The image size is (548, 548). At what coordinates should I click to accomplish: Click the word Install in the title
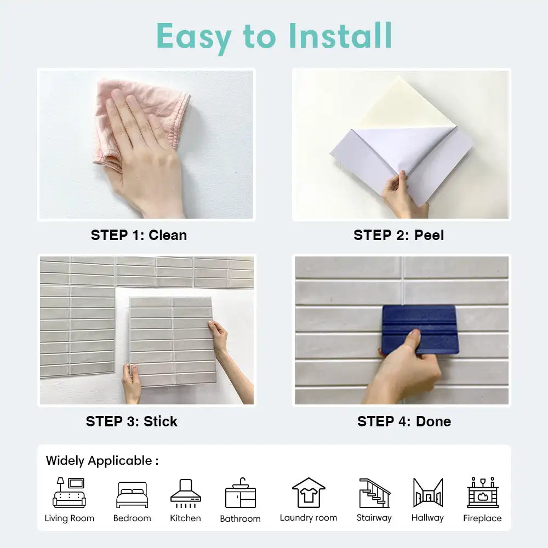(340, 36)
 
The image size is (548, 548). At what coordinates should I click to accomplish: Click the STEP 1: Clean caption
(139, 235)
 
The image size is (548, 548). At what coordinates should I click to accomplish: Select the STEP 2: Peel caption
(398, 235)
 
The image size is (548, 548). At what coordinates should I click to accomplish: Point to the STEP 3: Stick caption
(132, 421)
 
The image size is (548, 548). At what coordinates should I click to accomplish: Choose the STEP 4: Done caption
(404, 421)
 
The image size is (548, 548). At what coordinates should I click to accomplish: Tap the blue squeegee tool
(419, 328)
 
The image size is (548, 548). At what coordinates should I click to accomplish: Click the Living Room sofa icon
(69, 493)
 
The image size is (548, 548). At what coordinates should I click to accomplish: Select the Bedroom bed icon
(132, 495)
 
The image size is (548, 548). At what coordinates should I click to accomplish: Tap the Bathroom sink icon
(240, 493)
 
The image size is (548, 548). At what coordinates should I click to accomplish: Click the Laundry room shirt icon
(309, 493)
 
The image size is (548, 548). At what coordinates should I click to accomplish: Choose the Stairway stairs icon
(374, 493)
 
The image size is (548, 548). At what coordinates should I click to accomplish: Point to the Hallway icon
(427, 493)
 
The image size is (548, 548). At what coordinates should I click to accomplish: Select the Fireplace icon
(482, 493)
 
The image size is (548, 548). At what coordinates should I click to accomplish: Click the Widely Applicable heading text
(102, 460)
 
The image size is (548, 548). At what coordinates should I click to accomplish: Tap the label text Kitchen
(185, 518)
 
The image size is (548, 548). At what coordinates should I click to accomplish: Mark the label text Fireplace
(482, 518)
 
